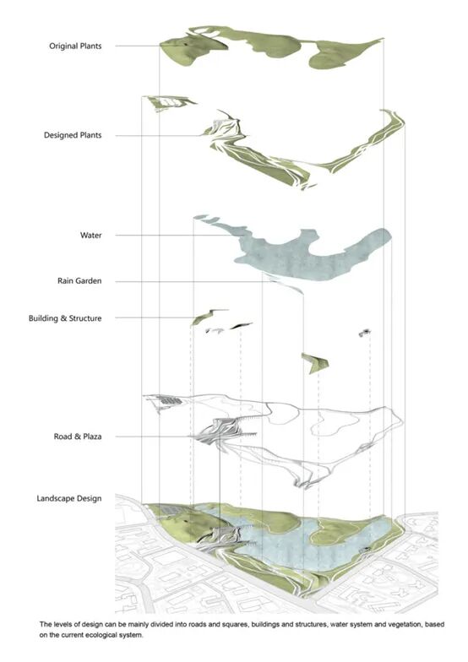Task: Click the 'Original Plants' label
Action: [76, 46]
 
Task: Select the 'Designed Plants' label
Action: [73, 135]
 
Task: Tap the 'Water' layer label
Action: [91, 235]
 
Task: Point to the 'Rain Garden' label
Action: [79, 280]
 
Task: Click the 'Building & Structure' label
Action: [65, 317]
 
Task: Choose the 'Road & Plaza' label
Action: [78, 436]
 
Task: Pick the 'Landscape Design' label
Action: [69, 498]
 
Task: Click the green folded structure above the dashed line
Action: [314, 363]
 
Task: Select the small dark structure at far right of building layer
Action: [365, 333]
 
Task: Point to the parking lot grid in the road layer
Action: [169, 399]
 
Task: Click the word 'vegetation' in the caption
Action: [399, 624]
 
